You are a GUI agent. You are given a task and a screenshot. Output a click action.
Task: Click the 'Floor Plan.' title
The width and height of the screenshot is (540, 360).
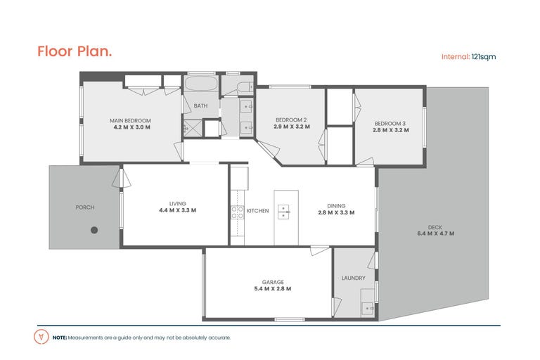[75, 51]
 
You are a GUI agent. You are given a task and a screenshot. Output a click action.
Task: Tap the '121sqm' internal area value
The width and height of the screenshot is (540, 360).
[484, 57]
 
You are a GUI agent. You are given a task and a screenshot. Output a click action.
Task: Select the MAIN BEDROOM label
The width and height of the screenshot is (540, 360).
[130, 120]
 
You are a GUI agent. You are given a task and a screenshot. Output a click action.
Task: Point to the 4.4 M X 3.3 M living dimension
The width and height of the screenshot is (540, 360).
[177, 210]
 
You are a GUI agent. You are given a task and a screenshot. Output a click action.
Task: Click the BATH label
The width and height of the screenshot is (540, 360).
[200, 105]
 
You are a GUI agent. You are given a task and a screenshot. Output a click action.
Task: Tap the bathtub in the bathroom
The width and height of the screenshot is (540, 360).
[200, 84]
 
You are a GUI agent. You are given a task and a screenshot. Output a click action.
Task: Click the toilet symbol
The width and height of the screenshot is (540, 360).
[245, 86]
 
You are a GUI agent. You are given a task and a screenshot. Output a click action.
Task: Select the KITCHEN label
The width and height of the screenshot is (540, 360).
[257, 211]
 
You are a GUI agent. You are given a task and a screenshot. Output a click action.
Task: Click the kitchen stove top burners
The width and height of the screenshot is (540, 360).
[237, 212]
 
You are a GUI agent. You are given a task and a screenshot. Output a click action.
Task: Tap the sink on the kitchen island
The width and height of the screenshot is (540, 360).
[283, 212]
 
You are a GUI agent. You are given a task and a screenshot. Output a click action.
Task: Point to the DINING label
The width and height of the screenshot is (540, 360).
[336, 206]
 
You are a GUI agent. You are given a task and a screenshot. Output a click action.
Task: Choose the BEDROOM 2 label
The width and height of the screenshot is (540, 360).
[291, 120]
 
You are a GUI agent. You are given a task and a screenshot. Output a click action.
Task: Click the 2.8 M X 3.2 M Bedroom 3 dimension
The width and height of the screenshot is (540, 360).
[390, 130]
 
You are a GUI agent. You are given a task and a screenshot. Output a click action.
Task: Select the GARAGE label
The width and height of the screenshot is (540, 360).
[273, 282]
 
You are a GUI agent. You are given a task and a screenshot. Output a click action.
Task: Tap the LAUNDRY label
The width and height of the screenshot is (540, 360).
[354, 278]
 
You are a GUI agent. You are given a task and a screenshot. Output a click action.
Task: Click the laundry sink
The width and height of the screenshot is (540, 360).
[368, 309]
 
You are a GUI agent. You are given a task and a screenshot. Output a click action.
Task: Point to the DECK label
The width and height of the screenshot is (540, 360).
[435, 227]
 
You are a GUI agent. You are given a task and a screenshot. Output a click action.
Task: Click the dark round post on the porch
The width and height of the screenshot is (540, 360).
[94, 230]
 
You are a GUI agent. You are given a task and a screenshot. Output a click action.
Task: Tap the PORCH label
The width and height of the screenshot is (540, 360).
[84, 207]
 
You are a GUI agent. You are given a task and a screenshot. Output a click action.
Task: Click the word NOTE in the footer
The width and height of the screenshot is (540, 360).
[60, 337]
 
